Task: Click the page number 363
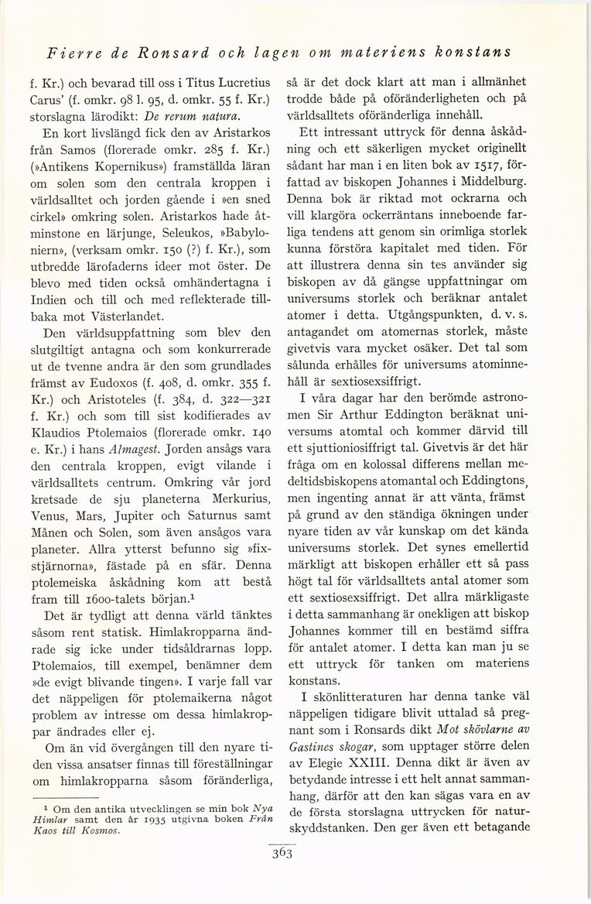click(x=295, y=854)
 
